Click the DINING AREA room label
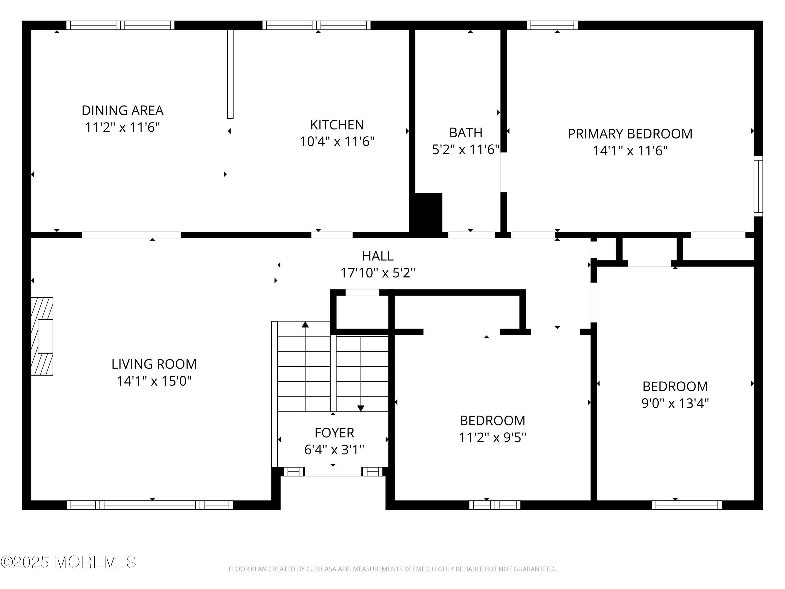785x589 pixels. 122,110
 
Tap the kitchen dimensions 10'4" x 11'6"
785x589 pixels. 337,142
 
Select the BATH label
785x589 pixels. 466,133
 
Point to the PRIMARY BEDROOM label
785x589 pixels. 630,134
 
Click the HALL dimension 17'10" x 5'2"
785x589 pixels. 378,273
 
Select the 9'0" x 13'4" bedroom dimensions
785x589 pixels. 675,403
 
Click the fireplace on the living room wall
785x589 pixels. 42,336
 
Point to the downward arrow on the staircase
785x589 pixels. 361,408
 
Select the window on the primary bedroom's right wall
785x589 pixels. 758,186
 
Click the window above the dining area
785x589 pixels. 120,25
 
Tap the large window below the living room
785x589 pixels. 150,505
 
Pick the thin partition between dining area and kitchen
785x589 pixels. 230,74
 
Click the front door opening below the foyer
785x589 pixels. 333,471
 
